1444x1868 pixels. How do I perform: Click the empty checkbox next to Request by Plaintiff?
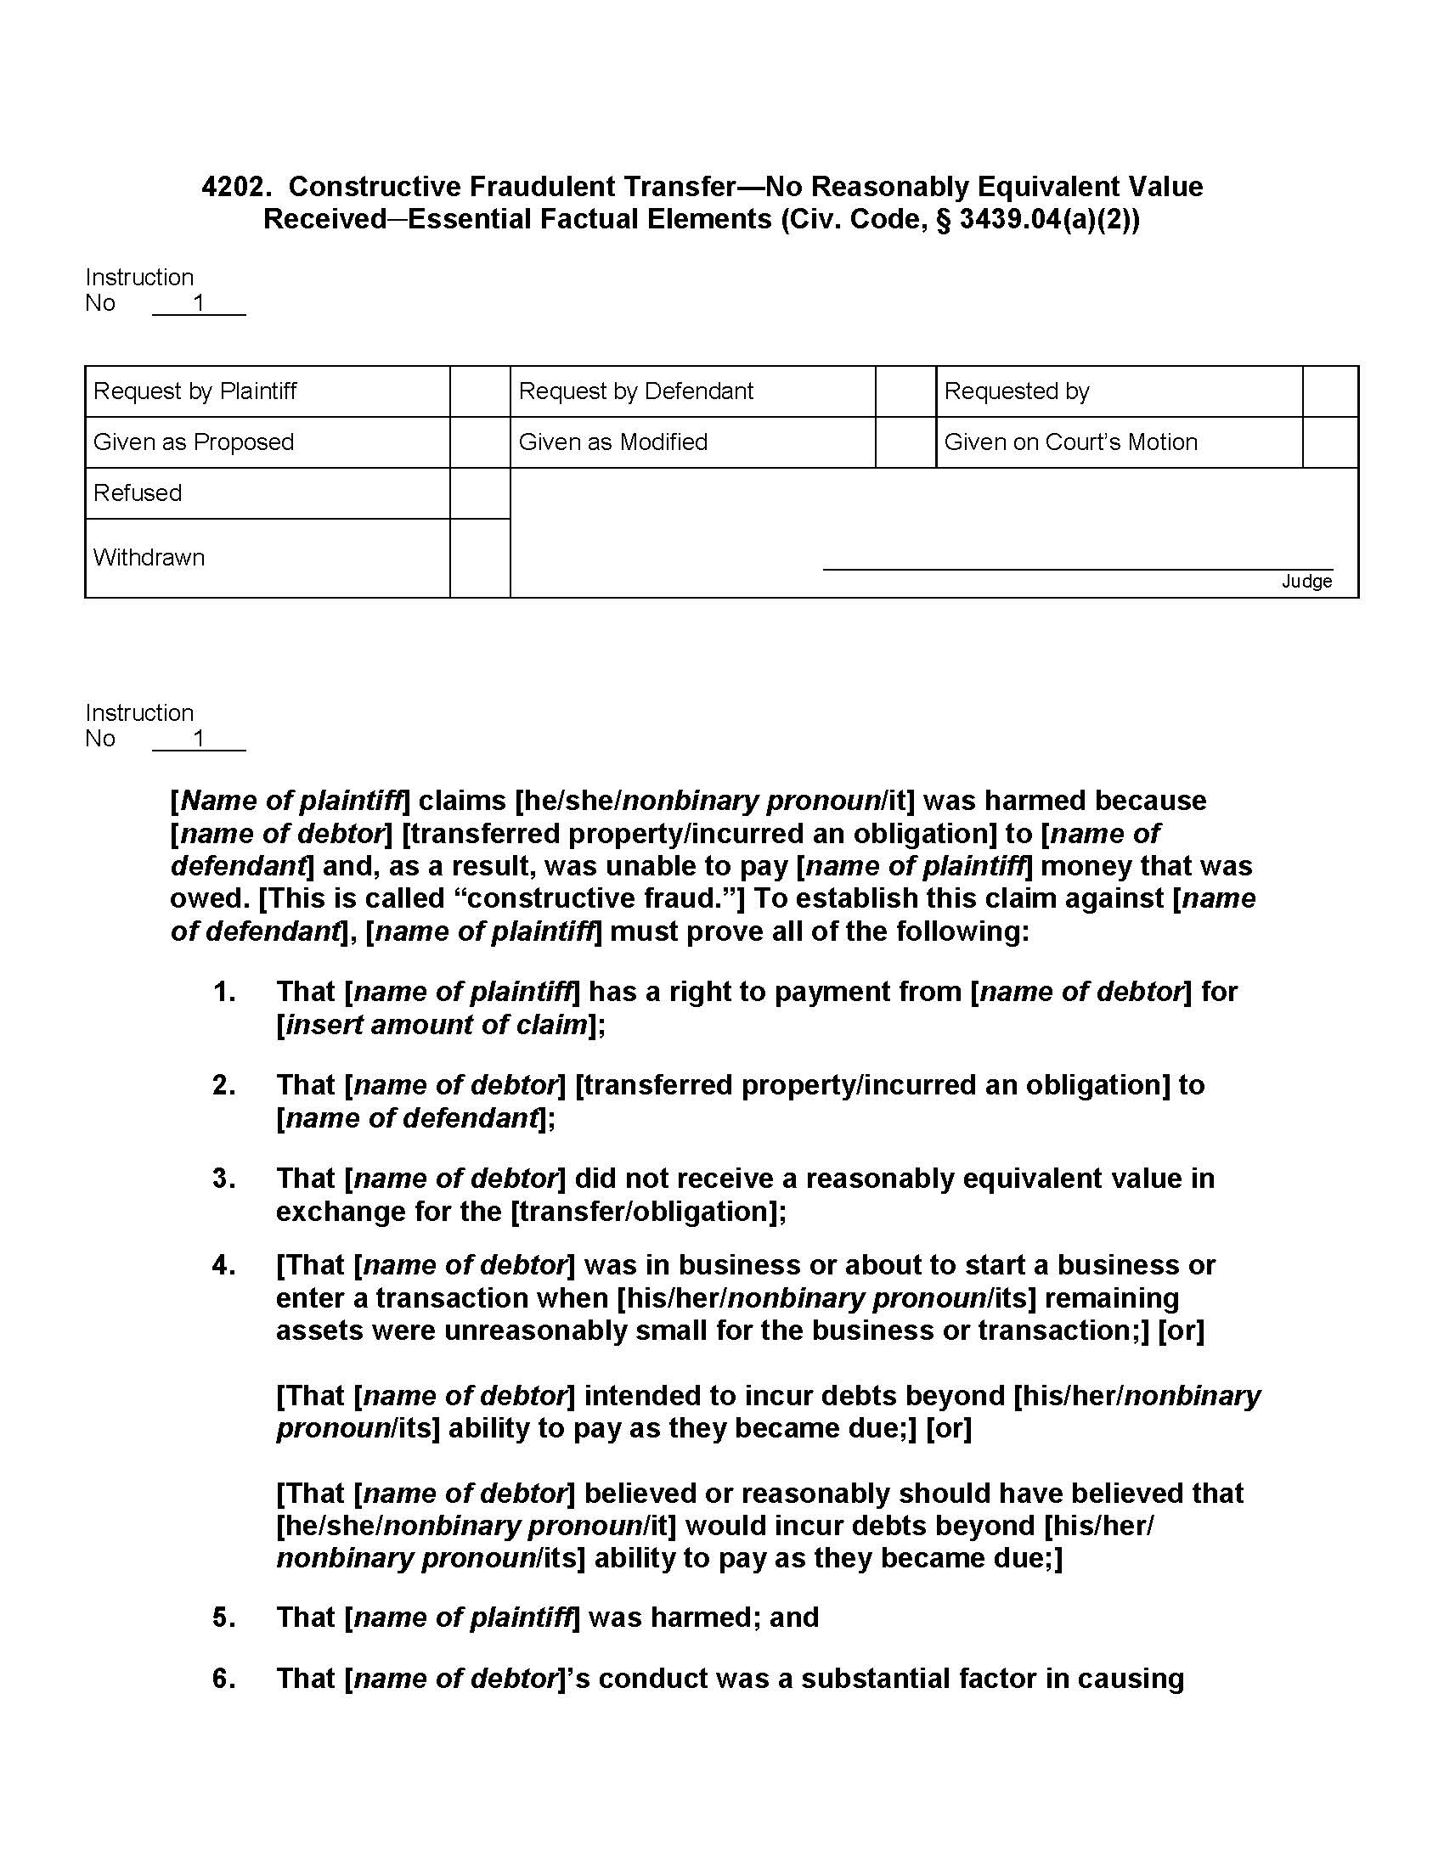coord(480,391)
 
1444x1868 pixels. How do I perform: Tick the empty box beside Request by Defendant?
coord(905,391)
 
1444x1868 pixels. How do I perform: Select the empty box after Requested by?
coord(1330,391)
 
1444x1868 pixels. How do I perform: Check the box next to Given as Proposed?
coord(480,442)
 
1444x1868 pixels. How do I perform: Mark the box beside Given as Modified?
coord(905,442)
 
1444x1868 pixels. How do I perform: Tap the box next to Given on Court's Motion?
coord(1330,442)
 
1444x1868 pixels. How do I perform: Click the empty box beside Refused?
coord(480,493)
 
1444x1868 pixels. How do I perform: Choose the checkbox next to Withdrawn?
coord(480,558)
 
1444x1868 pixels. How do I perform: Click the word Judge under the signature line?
coord(1306,582)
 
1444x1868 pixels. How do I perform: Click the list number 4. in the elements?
coord(224,1265)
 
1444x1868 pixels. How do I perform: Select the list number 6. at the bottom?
coord(224,1679)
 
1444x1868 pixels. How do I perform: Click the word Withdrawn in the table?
coord(149,558)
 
